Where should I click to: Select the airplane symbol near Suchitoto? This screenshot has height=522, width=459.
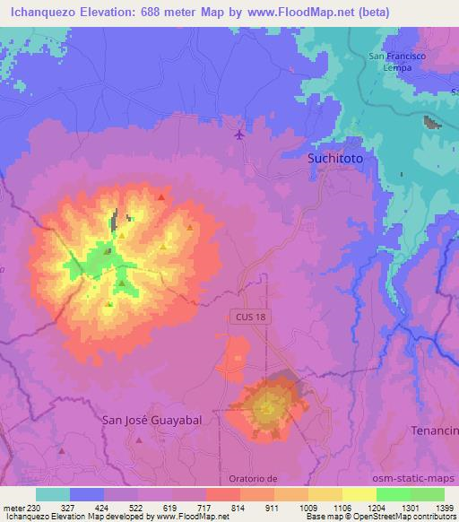click(x=238, y=135)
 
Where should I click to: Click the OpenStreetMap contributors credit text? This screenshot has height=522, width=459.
click(x=407, y=517)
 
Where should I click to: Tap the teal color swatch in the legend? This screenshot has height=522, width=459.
click(x=53, y=494)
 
